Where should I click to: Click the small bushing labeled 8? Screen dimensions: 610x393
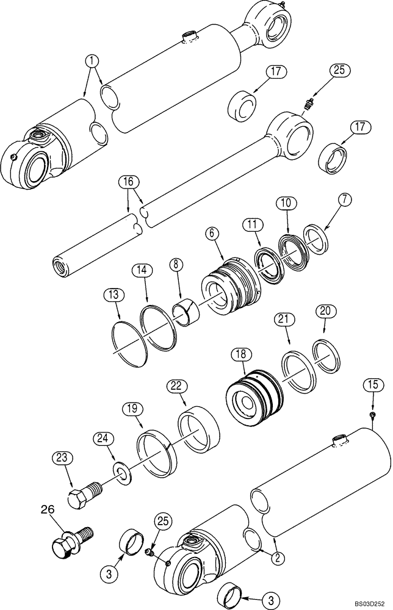[187, 311]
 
